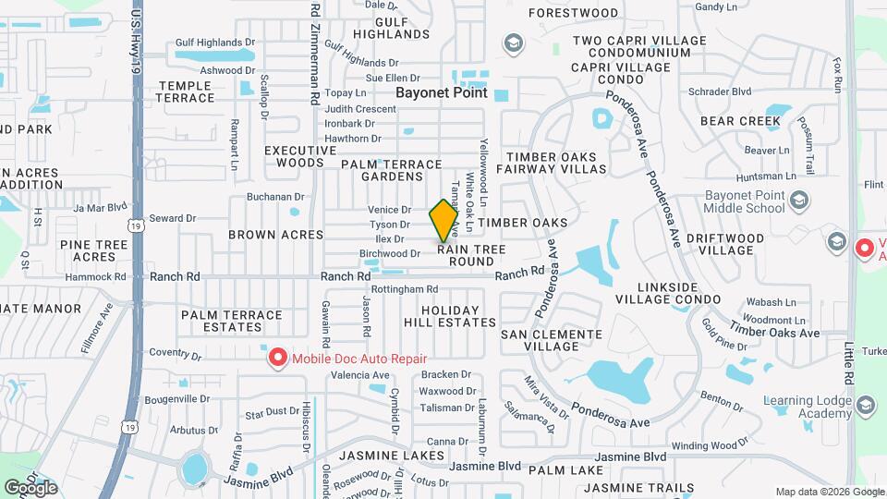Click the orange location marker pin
click(x=444, y=220)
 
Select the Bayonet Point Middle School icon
click(x=800, y=199)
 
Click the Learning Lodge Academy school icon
click(x=865, y=406)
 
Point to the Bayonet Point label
click(x=441, y=92)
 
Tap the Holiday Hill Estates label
click(x=450, y=316)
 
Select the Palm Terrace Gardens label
click(x=391, y=170)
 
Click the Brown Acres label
click(x=276, y=235)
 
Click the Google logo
click(x=30, y=487)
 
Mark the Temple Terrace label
click(x=186, y=91)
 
